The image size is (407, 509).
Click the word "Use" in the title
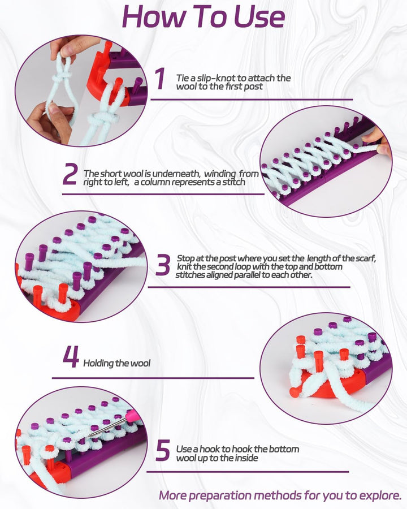tap(259, 17)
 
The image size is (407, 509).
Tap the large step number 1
tap(159, 78)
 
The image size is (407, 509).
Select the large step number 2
tap(70, 174)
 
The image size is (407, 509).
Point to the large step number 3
tap(162, 265)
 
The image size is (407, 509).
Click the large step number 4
tap(71, 357)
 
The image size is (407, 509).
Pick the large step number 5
tap(163, 450)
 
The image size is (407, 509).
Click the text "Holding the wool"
tap(117, 363)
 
